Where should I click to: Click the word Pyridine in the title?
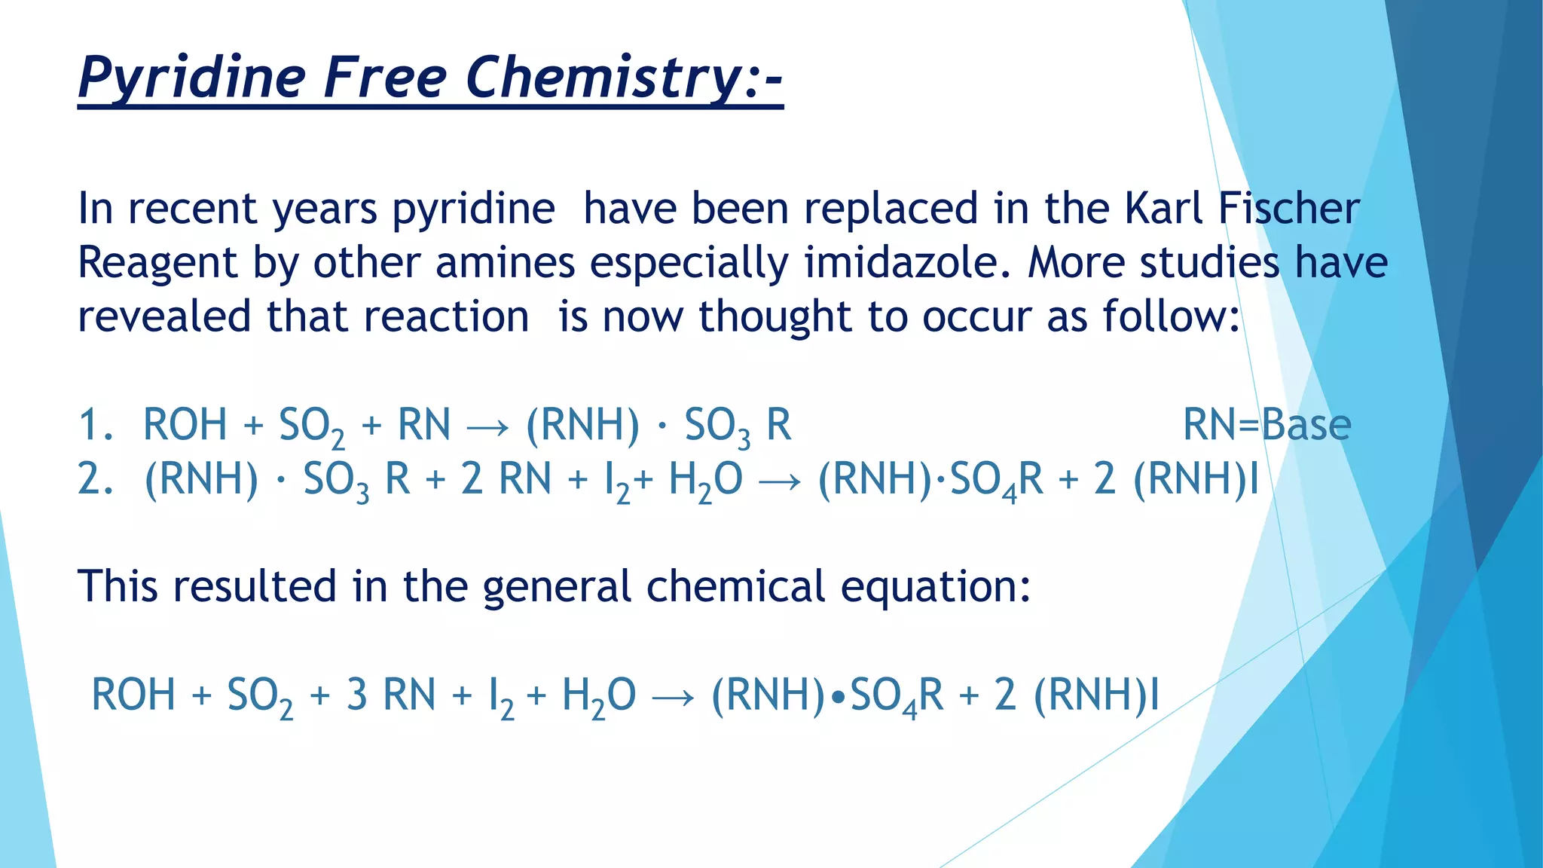[192, 78]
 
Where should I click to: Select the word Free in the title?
[385, 78]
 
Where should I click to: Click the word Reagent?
[157, 264]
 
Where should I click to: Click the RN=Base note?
[1266, 424]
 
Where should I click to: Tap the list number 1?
[94, 424]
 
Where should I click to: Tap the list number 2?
[94, 478]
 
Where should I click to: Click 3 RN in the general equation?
[391, 695]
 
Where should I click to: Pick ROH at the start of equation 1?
[185, 424]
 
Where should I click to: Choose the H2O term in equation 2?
[705, 480]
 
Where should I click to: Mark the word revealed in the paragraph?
[164, 316]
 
